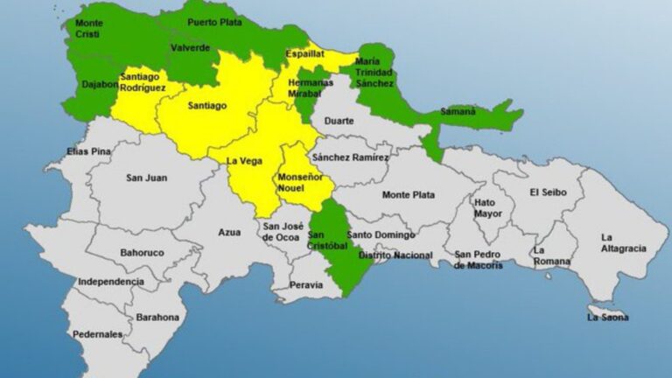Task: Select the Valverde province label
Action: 190,47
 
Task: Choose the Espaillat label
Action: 304,54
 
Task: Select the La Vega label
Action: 244,161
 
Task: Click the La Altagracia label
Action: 623,242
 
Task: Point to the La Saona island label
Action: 607,317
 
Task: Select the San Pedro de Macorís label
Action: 478,260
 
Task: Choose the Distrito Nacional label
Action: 402,255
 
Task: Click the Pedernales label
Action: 98,334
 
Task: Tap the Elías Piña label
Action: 89,151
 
